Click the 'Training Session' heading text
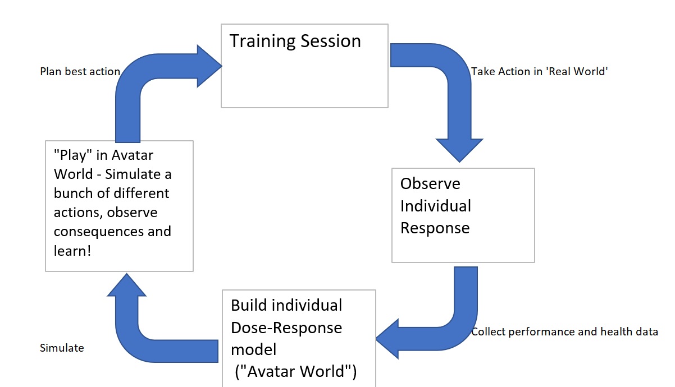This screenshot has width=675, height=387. [295, 42]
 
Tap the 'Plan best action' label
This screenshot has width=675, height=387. [80, 71]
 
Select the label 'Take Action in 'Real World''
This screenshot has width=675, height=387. [540, 71]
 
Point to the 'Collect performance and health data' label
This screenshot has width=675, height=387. [564, 331]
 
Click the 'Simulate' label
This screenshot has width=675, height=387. [62, 348]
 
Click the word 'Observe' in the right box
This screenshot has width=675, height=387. [430, 183]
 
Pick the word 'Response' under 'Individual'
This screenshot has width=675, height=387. [435, 228]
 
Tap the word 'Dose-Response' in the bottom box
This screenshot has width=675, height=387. [286, 328]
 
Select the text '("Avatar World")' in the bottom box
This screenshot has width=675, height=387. [295, 371]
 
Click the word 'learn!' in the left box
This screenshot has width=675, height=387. [72, 251]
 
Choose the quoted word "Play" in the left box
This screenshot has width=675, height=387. [72, 155]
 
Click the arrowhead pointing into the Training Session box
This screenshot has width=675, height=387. [209, 66]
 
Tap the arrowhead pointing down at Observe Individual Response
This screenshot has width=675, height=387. [459, 150]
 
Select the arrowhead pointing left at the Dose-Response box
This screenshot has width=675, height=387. [387, 339]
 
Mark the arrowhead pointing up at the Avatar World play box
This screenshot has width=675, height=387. [126, 285]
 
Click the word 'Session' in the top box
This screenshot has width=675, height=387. [331, 42]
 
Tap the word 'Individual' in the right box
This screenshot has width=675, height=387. [436, 206]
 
